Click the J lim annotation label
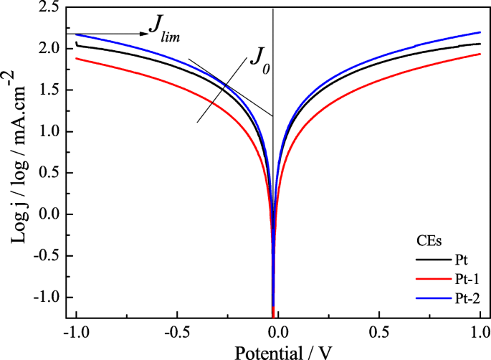click(x=163, y=27)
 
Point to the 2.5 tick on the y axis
click(x=51, y=7)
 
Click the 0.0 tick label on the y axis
click(x=51, y=214)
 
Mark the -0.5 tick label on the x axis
click(x=174, y=333)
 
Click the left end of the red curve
click(x=76, y=58)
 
